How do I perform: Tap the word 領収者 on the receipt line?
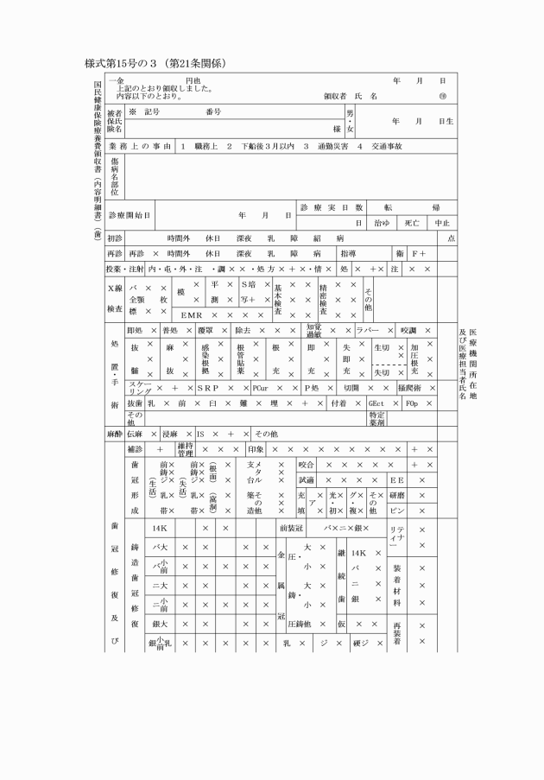[x=335, y=96]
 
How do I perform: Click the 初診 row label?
[x=115, y=238]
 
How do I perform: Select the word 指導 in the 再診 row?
[x=350, y=254]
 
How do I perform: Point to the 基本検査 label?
[x=278, y=299]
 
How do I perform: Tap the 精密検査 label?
[x=324, y=299]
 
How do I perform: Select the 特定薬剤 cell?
[x=377, y=419]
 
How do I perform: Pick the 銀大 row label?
[x=159, y=623]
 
